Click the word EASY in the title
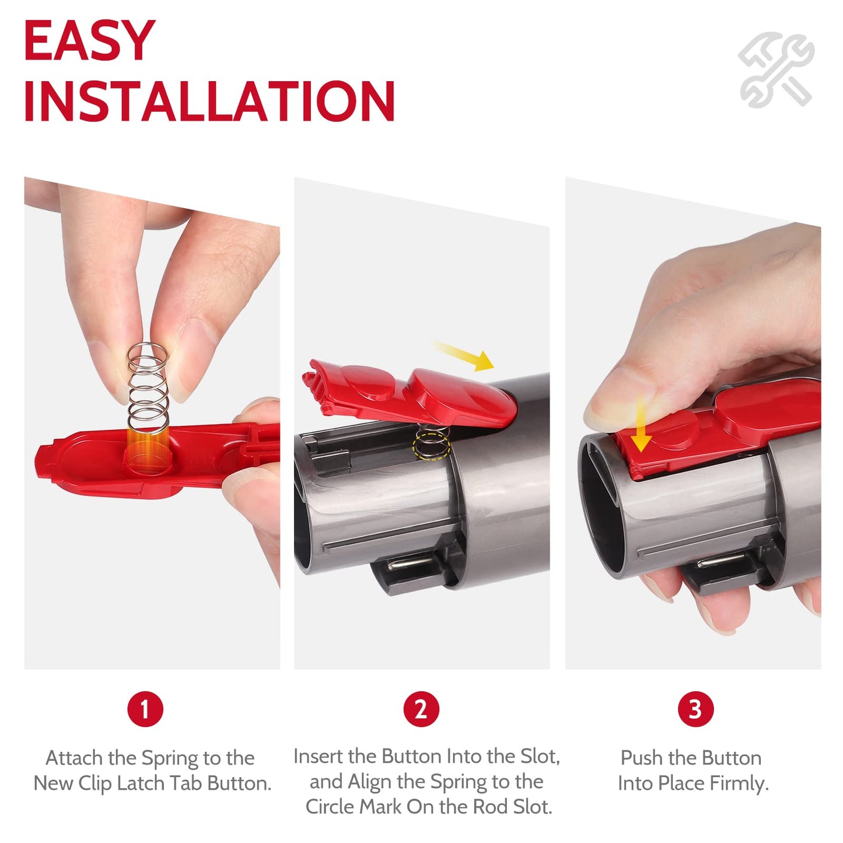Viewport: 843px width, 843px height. [x=89, y=41]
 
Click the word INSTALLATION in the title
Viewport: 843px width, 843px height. [x=209, y=102]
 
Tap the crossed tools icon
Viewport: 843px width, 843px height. [x=775, y=70]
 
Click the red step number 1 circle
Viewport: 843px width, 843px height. [x=145, y=709]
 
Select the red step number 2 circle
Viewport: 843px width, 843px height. [x=421, y=709]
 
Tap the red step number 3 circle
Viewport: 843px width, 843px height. [x=695, y=709]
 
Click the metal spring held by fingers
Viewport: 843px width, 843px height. [x=148, y=385]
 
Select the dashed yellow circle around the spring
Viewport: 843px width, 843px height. [x=431, y=447]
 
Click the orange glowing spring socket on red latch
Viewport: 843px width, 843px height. [x=147, y=450]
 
